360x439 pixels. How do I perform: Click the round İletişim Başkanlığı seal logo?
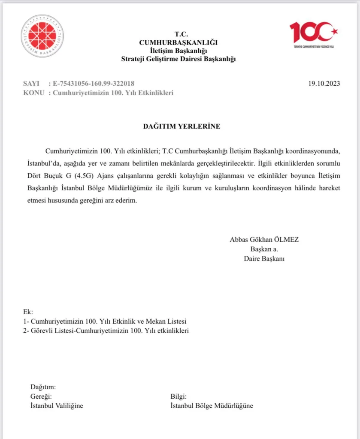[42, 36]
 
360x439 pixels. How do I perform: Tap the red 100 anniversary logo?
[314, 33]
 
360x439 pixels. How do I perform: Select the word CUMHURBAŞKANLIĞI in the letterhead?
[178, 42]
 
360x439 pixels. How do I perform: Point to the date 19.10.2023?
[324, 84]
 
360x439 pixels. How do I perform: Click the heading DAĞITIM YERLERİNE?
[182, 126]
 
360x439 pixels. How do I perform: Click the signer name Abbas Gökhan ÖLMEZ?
[264, 240]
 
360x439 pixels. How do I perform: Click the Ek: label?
[28, 312]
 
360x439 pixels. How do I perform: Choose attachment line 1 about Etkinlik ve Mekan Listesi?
[105, 321]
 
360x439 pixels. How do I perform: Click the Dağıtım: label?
[43, 387]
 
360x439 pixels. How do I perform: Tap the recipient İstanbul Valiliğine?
[57, 406]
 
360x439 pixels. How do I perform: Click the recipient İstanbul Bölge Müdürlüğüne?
[212, 406]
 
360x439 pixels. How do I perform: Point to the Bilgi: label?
[178, 397]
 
